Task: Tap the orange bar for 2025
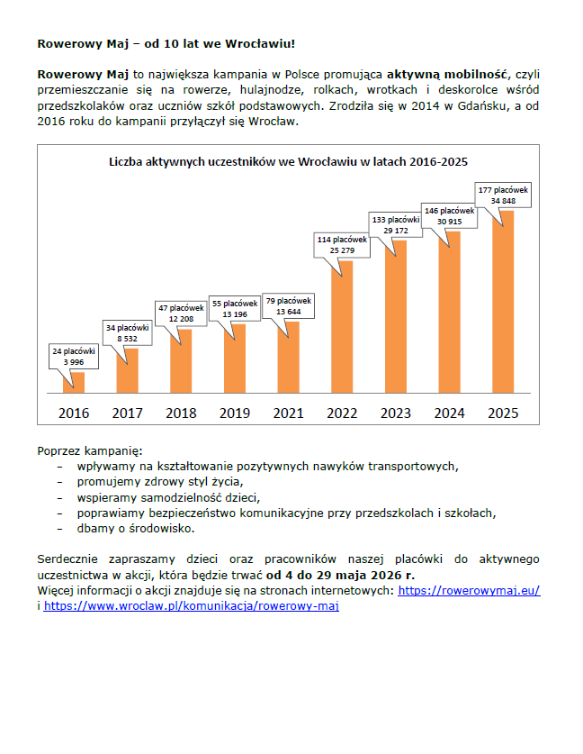pyautogui.click(x=502, y=302)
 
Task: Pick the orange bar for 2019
pyautogui.click(x=235, y=359)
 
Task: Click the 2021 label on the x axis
pyautogui.click(x=288, y=413)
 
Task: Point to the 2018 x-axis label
pyautogui.click(x=181, y=413)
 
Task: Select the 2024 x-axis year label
pyautogui.click(x=448, y=413)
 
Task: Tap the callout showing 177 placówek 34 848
pyautogui.click(x=503, y=195)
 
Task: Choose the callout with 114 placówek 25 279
pyautogui.click(x=342, y=244)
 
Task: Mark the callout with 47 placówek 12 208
pyautogui.click(x=181, y=313)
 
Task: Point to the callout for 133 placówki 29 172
pyautogui.click(x=396, y=224)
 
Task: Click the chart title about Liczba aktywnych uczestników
pyautogui.click(x=288, y=162)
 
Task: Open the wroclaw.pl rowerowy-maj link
pyautogui.click(x=191, y=606)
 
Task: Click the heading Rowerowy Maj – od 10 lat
pyautogui.click(x=166, y=42)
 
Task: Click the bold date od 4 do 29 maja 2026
pyautogui.click(x=340, y=575)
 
